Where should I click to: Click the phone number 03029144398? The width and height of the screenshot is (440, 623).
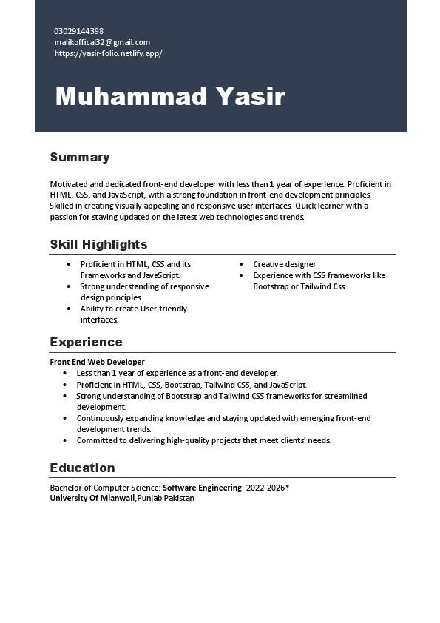pyautogui.click(x=78, y=31)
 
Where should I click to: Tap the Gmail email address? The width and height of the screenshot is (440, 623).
pyautogui.click(x=102, y=42)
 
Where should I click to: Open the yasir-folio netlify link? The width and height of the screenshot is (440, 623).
pyautogui.click(x=108, y=53)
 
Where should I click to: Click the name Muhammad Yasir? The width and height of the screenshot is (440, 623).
pyautogui.click(x=170, y=96)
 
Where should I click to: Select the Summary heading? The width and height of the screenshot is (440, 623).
pyautogui.click(x=80, y=157)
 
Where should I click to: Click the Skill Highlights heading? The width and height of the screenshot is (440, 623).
pyautogui.click(x=98, y=244)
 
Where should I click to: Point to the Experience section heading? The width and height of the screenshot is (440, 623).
pyautogui.click(x=86, y=342)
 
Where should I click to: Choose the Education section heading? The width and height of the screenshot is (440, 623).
pyautogui.click(x=82, y=468)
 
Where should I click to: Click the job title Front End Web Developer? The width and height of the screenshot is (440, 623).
pyautogui.click(x=97, y=362)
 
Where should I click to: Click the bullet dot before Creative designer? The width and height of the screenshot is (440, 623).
pyautogui.click(x=241, y=264)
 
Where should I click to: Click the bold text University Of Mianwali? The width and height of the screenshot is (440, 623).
pyautogui.click(x=92, y=498)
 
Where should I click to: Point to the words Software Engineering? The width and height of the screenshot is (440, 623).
pyautogui.click(x=201, y=488)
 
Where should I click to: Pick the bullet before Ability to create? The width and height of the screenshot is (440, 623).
pyautogui.click(x=68, y=309)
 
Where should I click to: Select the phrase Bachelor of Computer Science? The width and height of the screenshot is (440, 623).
pyautogui.click(x=104, y=488)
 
